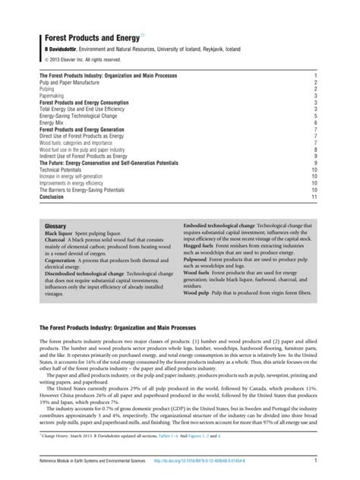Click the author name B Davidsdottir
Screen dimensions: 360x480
pos(63,49)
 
